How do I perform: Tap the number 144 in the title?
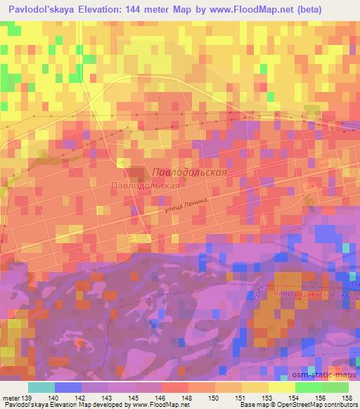point(150,10)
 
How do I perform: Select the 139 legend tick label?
point(27,398)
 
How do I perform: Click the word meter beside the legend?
point(11,398)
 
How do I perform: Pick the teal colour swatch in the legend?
point(41,387)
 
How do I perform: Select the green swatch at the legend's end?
point(335,387)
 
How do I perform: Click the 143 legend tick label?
point(108,398)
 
